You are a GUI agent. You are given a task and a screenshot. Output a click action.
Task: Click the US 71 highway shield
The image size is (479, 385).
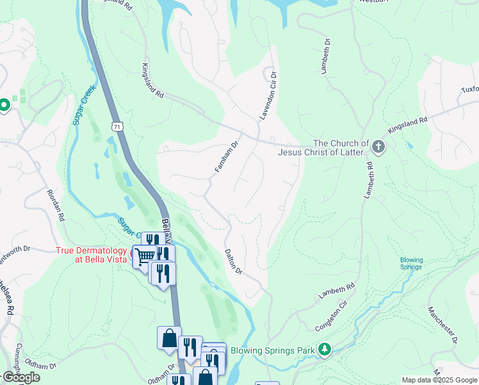tap(116, 126)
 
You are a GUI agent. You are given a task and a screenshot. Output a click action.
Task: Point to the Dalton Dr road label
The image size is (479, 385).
tap(233, 262)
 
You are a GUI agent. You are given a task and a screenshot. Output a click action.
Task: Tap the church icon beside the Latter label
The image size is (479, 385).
tap(378, 148)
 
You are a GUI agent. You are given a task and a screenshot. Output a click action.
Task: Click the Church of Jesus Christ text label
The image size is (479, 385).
tap(323, 148)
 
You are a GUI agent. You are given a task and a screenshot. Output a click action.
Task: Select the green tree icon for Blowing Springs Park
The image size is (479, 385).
tap(325, 350)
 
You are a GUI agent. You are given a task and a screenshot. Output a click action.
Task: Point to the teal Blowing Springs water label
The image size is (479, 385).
tap(411, 264)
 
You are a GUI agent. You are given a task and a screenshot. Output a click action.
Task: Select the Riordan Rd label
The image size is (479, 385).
tap(55, 205)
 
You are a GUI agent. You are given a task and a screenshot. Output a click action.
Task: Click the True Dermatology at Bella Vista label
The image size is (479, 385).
tap(92, 255)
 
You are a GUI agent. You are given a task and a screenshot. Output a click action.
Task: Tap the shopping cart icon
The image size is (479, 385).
tap(145, 256)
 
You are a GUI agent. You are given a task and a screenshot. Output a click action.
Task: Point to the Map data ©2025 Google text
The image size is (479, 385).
tap(439, 380)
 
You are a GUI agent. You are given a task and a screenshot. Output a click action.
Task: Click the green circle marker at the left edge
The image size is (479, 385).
tap(4, 105)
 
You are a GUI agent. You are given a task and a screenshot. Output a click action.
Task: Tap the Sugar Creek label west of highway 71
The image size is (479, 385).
tap(83, 105)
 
